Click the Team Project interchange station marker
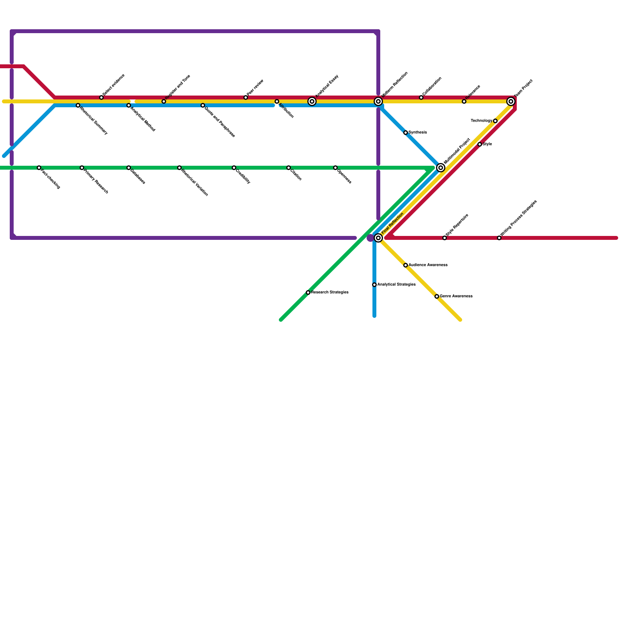[511, 101]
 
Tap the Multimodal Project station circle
[441, 168]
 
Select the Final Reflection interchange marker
[378, 238]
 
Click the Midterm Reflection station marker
[378, 101]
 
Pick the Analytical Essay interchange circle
[312, 101]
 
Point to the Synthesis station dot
[406, 133]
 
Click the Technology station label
[481, 121]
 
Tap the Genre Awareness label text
[456, 296]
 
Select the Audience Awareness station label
[428, 265]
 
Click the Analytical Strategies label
[396, 285]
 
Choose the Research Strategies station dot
[308, 292]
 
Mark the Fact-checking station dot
[39, 168]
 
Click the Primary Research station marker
[82, 168]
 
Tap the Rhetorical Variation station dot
[179, 168]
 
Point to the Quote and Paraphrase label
[220, 121]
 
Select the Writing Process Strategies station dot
[499, 238]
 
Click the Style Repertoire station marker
[445, 238]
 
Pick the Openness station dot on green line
[335, 168]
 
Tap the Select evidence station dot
[101, 97]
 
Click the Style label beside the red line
[487, 144]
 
